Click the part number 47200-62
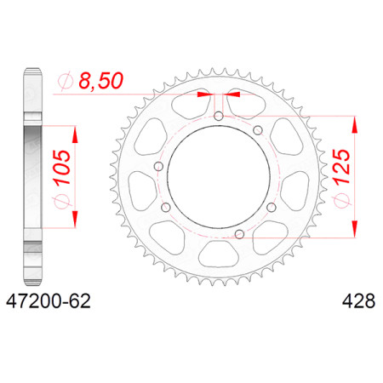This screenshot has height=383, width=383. pyautogui.click(x=49, y=301)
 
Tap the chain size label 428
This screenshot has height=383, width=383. pyautogui.click(x=358, y=301)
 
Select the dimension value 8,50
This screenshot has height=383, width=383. pyautogui.click(x=101, y=81)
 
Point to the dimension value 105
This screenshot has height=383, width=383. pyautogui.click(x=62, y=168)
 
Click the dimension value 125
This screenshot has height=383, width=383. pyautogui.click(x=342, y=168)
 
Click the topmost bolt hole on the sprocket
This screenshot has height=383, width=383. pyautogui.click(x=219, y=116)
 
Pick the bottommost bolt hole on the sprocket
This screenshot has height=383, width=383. pyautogui.click(x=240, y=234)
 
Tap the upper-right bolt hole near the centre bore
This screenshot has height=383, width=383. pyautogui.click(x=258, y=130)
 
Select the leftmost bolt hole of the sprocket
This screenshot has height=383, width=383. pyautogui.click(x=158, y=167)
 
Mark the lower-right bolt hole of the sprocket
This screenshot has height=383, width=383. pyautogui.click(x=272, y=208)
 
